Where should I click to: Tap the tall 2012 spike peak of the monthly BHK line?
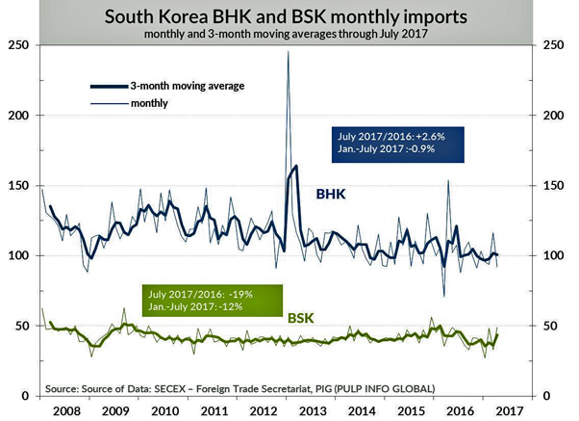[289, 53]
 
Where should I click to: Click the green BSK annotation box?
[197, 300]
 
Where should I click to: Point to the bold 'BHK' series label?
[332, 194]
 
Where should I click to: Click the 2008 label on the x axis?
[64, 409]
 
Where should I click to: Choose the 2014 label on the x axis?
[362, 409]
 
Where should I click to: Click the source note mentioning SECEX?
[239, 388]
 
